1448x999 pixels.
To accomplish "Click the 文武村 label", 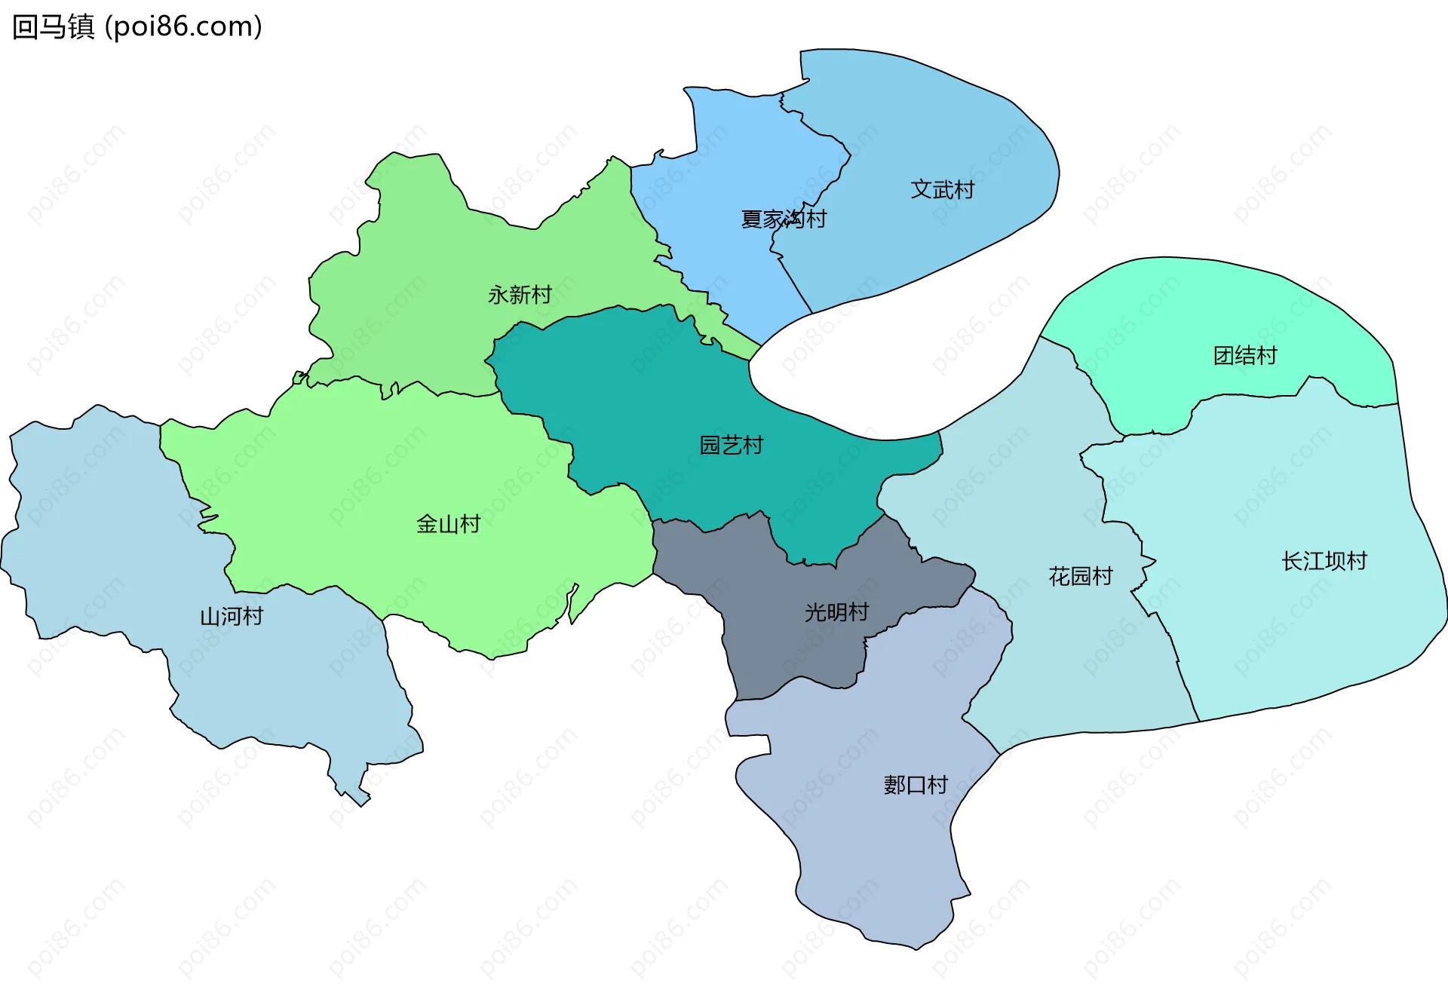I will click(x=942, y=189).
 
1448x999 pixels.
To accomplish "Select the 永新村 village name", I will click(x=520, y=295).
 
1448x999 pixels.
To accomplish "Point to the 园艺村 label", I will click(x=731, y=446).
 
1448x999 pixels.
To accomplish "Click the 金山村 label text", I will click(x=448, y=524).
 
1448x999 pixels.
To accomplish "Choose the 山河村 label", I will click(x=232, y=617).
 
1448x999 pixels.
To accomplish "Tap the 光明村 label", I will click(x=836, y=612).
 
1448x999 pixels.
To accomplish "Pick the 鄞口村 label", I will click(x=916, y=785).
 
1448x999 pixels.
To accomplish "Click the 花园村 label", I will click(x=1081, y=577).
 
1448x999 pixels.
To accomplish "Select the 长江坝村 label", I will click(x=1324, y=561).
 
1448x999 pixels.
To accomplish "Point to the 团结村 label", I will click(x=1245, y=355).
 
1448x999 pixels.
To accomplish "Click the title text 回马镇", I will click(x=53, y=26).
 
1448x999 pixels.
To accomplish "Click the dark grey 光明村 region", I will click(x=792, y=641).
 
